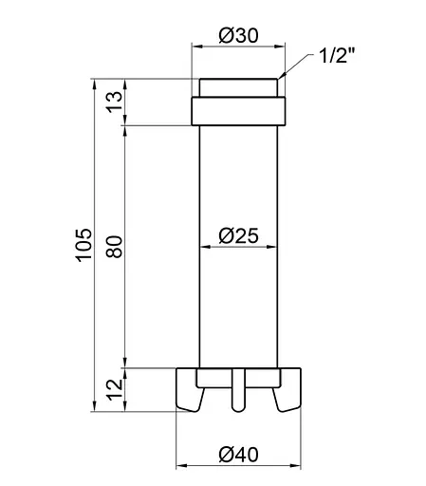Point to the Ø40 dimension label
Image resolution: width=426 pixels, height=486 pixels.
[238, 454]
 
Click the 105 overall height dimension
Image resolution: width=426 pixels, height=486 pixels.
[83, 245]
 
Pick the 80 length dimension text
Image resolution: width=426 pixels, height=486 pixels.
[116, 245]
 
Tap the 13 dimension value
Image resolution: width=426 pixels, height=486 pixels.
[116, 103]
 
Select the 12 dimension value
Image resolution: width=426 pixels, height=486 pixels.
[116, 387]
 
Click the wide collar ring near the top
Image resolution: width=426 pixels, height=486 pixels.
[238, 112]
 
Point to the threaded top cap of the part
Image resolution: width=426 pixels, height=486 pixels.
[238, 87]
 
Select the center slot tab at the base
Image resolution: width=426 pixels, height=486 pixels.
[238, 391]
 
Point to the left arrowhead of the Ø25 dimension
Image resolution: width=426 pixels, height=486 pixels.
[200, 246]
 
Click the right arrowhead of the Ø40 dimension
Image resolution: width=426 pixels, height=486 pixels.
[295, 465]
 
